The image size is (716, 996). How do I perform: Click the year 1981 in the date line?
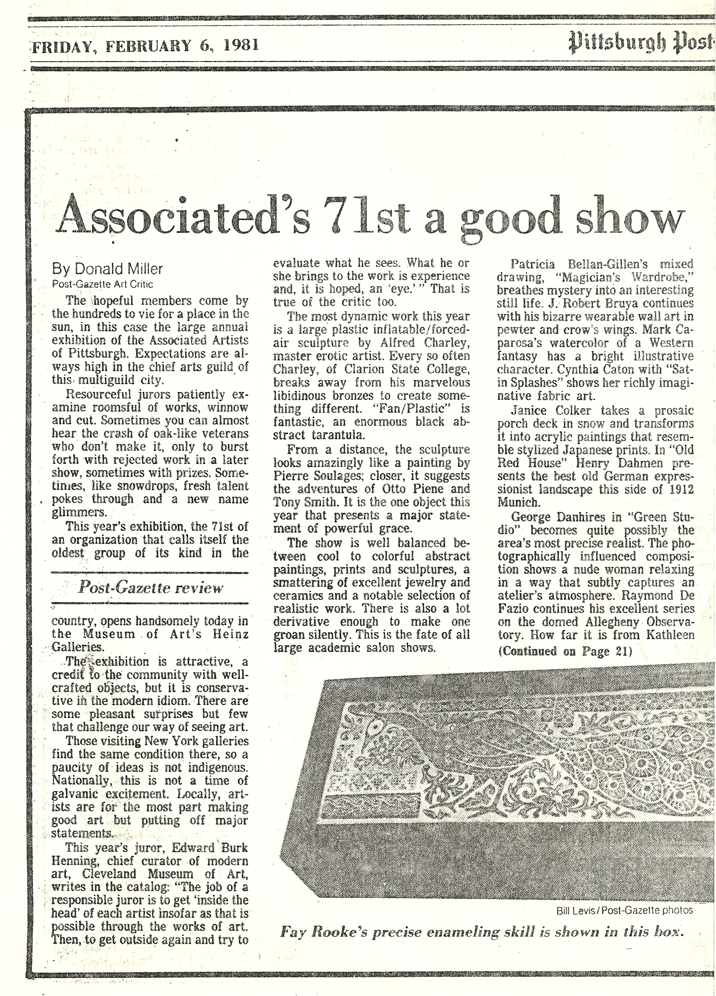(x=240, y=46)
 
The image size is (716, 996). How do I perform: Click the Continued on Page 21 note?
(x=565, y=651)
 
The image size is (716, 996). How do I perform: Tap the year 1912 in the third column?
(x=679, y=489)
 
